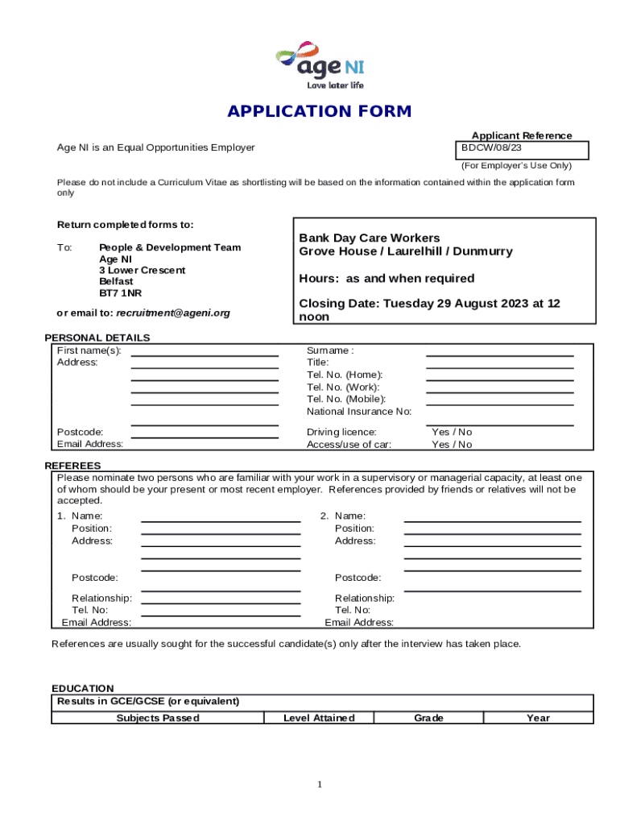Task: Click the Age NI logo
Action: coord(319,64)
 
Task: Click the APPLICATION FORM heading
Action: coord(319,111)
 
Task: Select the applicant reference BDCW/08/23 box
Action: coord(523,150)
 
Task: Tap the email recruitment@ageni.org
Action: coord(173,313)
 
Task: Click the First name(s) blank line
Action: coord(205,354)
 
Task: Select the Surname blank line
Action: coord(499,354)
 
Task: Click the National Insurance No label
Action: coord(359,412)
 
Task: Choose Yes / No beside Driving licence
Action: coord(452,433)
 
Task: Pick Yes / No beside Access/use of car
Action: coord(452,445)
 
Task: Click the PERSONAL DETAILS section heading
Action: coord(97,338)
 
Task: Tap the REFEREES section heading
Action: coord(72,466)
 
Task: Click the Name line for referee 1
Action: coord(221,520)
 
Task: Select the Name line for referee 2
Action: coord(492,520)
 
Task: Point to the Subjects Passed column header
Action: coord(158,718)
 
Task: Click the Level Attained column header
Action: coord(319,718)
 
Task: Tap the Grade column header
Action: coord(428,718)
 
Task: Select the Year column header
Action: coord(538,718)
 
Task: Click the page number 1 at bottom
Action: coord(320,785)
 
